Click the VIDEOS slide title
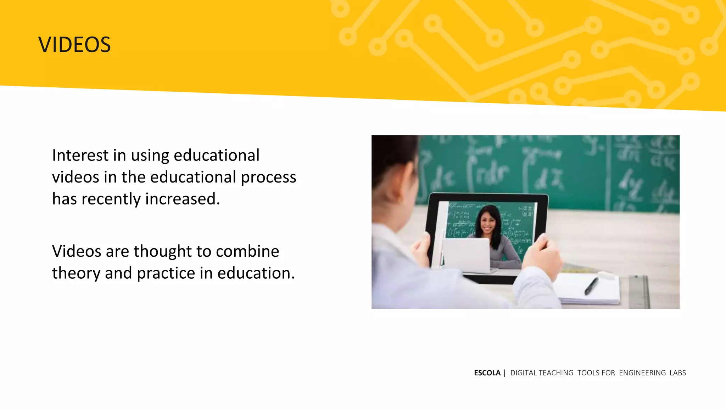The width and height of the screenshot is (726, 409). click(74, 45)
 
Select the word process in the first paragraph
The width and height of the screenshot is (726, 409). click(268, 178)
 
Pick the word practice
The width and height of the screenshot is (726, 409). click(166, 273)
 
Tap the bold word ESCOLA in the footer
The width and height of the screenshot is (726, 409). click(487, 373)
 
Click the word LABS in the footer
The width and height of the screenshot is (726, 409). click(677, 373)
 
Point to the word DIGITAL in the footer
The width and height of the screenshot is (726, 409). click(524, 373)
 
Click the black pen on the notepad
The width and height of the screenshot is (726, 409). click(591, 285)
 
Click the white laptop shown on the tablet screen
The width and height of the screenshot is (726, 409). click(466, 255)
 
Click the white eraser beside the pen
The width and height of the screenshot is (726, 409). click(607, 274)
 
